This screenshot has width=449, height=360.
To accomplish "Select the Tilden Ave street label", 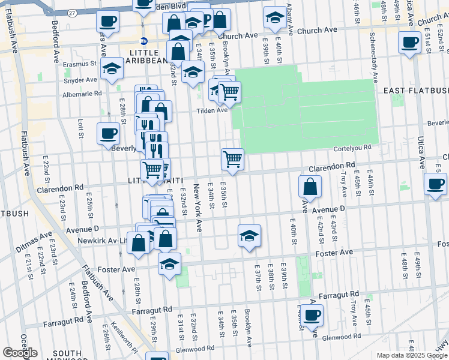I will coord(214,110).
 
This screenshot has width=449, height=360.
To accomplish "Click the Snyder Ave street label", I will coord(81,80).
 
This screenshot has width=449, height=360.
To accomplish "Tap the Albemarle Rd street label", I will coord(81,93).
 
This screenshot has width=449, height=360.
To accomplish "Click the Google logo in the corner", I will coord(20,353).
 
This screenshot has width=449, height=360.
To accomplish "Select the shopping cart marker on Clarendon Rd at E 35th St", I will coord(232,160).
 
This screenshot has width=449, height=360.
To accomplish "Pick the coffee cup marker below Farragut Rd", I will coord(311,316).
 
